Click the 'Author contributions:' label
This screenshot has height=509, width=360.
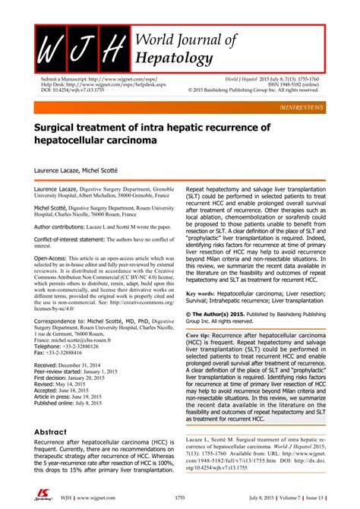coord(65,226)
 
